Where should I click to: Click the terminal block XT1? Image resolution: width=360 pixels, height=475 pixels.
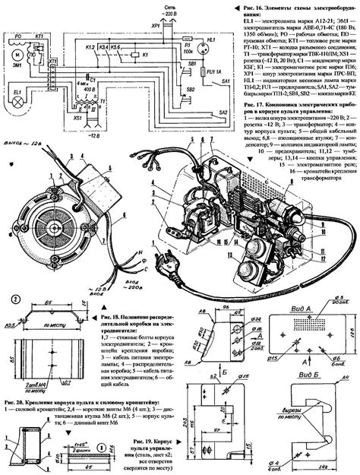(x=52, y=80)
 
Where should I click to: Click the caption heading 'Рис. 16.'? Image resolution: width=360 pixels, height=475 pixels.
(x=245, y=5)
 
